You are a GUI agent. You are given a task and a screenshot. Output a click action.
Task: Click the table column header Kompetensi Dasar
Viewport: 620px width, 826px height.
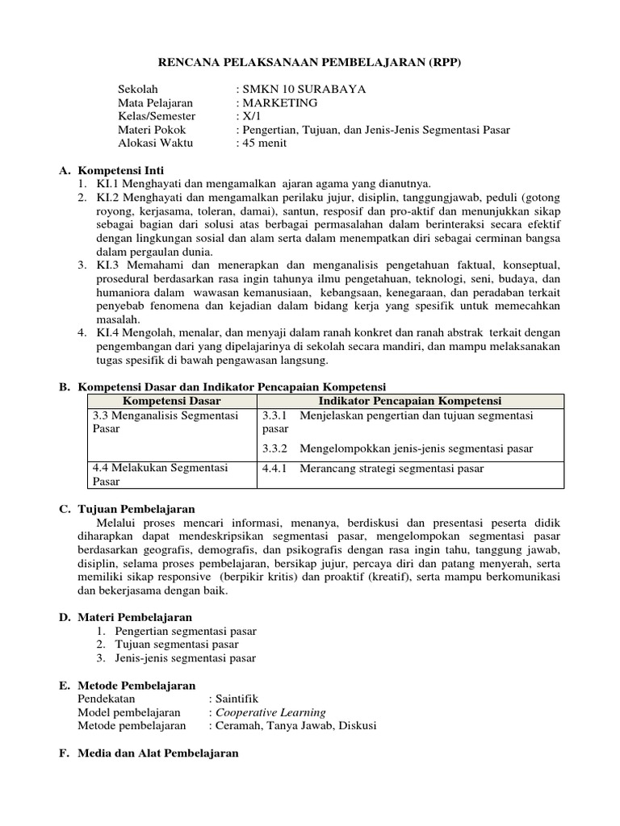point(171,401)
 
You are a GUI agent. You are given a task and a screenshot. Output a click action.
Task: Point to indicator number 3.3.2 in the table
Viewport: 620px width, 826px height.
point(275,448)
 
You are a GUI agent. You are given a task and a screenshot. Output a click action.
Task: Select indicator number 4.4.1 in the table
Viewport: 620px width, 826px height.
point(275,468)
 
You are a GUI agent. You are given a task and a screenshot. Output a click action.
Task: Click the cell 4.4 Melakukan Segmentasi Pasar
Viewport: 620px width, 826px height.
point(160,474)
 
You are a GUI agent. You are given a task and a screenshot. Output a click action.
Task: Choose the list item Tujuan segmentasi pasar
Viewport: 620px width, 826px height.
point(177,645)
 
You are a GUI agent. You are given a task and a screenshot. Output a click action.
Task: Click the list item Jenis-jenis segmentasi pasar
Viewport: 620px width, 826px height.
point(186,658)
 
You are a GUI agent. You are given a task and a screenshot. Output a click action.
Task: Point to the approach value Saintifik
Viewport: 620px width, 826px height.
point(237,699)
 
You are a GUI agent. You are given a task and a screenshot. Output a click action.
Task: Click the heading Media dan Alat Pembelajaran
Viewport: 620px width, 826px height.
point(158,753)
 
